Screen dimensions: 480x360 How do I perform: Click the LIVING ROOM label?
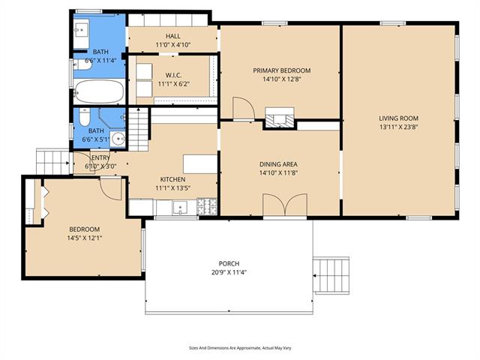[x=398, y=118]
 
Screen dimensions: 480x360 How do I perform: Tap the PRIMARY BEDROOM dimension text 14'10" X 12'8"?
[x=282, y=79]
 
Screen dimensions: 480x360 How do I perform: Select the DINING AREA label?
[x=278, y=164]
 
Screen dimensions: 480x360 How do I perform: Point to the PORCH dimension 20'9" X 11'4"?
[x=229, y=272]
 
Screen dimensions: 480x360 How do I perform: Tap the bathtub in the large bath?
[x=99, y=91]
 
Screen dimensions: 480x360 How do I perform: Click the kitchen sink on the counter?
[x=181, y=208]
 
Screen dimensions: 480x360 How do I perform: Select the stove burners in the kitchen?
[x=207, y=206]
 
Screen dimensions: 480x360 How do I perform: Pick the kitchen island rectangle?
[x=200, y=164]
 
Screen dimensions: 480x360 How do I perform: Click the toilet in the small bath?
[x=84, y=117]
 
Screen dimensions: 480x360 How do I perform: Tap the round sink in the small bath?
[x=118, y=139]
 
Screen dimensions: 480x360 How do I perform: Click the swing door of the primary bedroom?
[x=244, y=108]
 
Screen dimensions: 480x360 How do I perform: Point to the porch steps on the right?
[x=331, y=275]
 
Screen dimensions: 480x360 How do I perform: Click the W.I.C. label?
[x=173, y=75]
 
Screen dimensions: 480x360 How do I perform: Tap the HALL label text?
[x=173, y=36]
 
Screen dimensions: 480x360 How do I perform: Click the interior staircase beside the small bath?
[x=138, y=129]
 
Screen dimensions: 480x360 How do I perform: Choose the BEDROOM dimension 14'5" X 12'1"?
[x=85, y=238]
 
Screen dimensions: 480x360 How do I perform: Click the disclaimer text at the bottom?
[x=240, y=348]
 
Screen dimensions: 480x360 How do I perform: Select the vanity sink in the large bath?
[x=82, y=30]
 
